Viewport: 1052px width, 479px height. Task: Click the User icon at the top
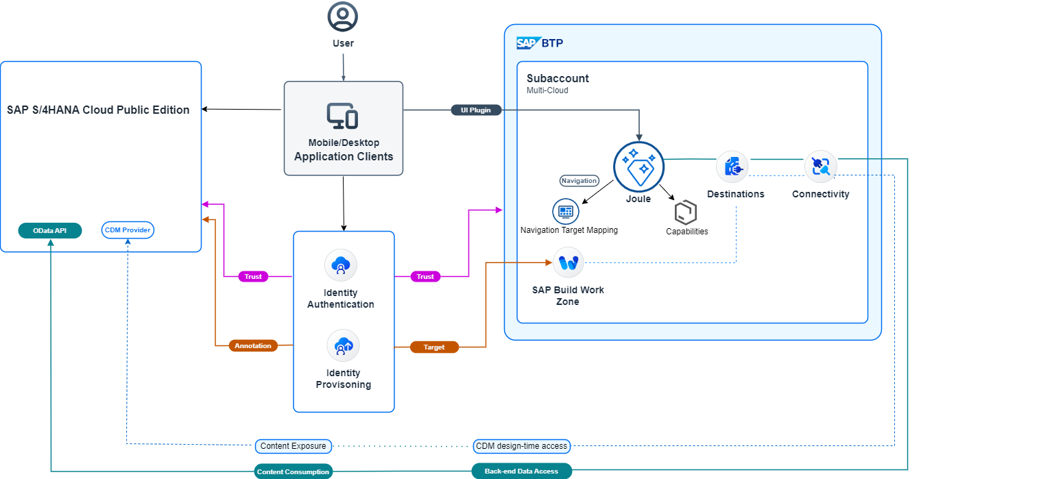(343, 16)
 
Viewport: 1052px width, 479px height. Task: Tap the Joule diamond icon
(638, 166)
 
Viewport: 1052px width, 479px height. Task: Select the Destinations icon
(732, 167)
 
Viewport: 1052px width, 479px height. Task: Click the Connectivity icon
(820, 166)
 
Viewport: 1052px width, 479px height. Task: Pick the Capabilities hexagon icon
(685, 212)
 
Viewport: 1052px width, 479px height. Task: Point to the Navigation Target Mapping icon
(566, 211)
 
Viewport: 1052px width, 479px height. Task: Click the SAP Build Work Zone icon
(568, 262)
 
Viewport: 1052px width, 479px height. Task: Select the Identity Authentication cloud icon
(341, 265)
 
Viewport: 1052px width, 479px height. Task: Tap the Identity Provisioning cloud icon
(343, 346)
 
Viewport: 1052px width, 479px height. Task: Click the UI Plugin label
(481, 110)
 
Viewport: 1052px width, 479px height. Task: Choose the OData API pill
(50, 230)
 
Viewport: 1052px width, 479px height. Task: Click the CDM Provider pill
(128, 230)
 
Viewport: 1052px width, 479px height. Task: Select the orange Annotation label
(253, 345)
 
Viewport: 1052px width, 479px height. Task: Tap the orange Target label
(434, 347)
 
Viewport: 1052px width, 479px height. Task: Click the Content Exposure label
(294, 446)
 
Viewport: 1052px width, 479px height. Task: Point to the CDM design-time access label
(522, 446)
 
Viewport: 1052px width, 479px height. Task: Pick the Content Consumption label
(294, 471)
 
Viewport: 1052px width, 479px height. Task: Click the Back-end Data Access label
(522, 471)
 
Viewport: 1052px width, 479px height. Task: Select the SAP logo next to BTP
(528, 43)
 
